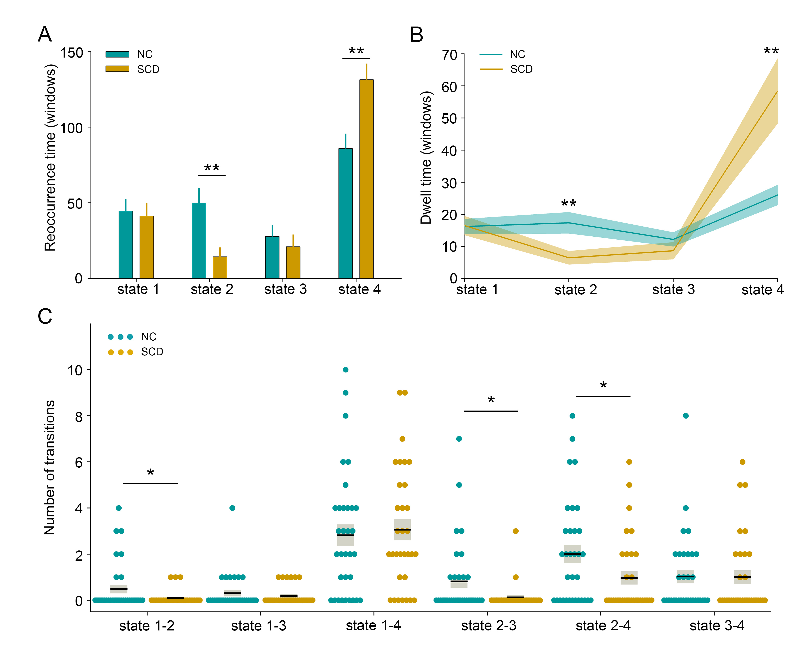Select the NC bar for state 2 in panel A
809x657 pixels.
tap(199, 241)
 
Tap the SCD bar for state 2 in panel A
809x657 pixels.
tap(220, 268)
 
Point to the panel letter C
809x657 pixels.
tap(45, 316)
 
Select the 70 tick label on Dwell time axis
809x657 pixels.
tap(449, 55)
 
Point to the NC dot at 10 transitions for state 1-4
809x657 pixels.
tap(345, 369)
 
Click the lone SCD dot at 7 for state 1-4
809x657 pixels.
tap(402, 439)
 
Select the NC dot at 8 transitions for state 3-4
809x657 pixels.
tap(685, 415)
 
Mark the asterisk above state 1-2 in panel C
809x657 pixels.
tap(150, 473)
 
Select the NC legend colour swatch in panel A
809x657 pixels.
tap(117, 54)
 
